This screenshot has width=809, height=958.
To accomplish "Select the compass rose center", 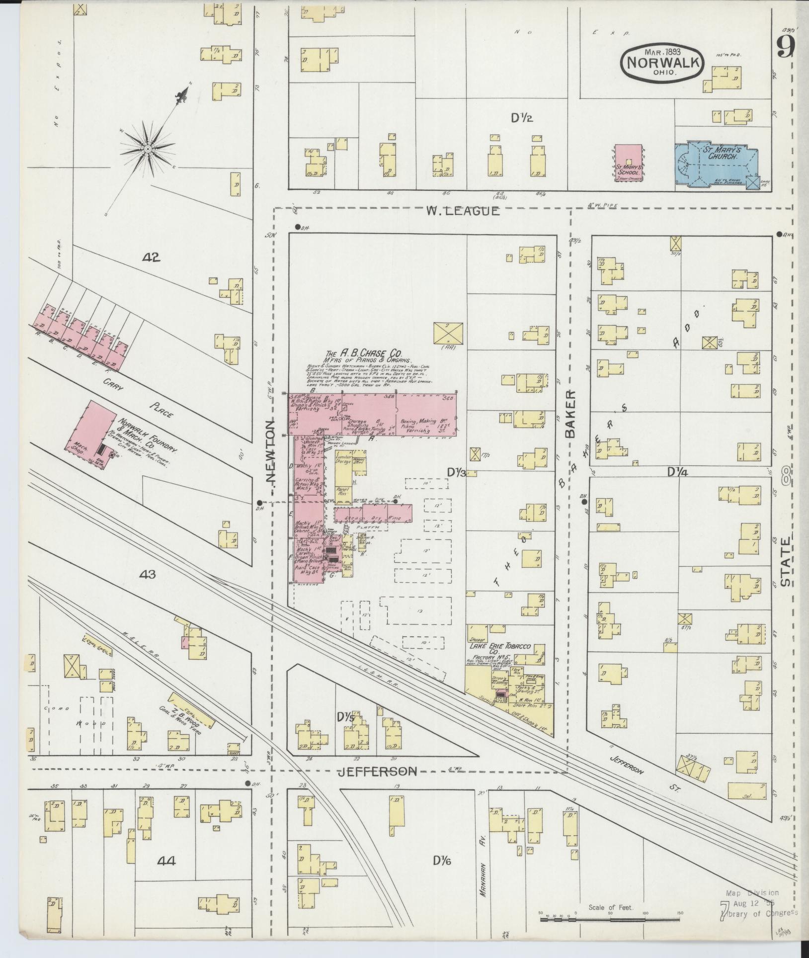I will click(x=148, y=149).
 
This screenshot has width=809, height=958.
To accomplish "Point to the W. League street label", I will click(x=462, y=211).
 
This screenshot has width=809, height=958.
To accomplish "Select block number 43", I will click(x=148, y=575).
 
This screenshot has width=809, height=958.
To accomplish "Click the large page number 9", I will click(x=786, y=48).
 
